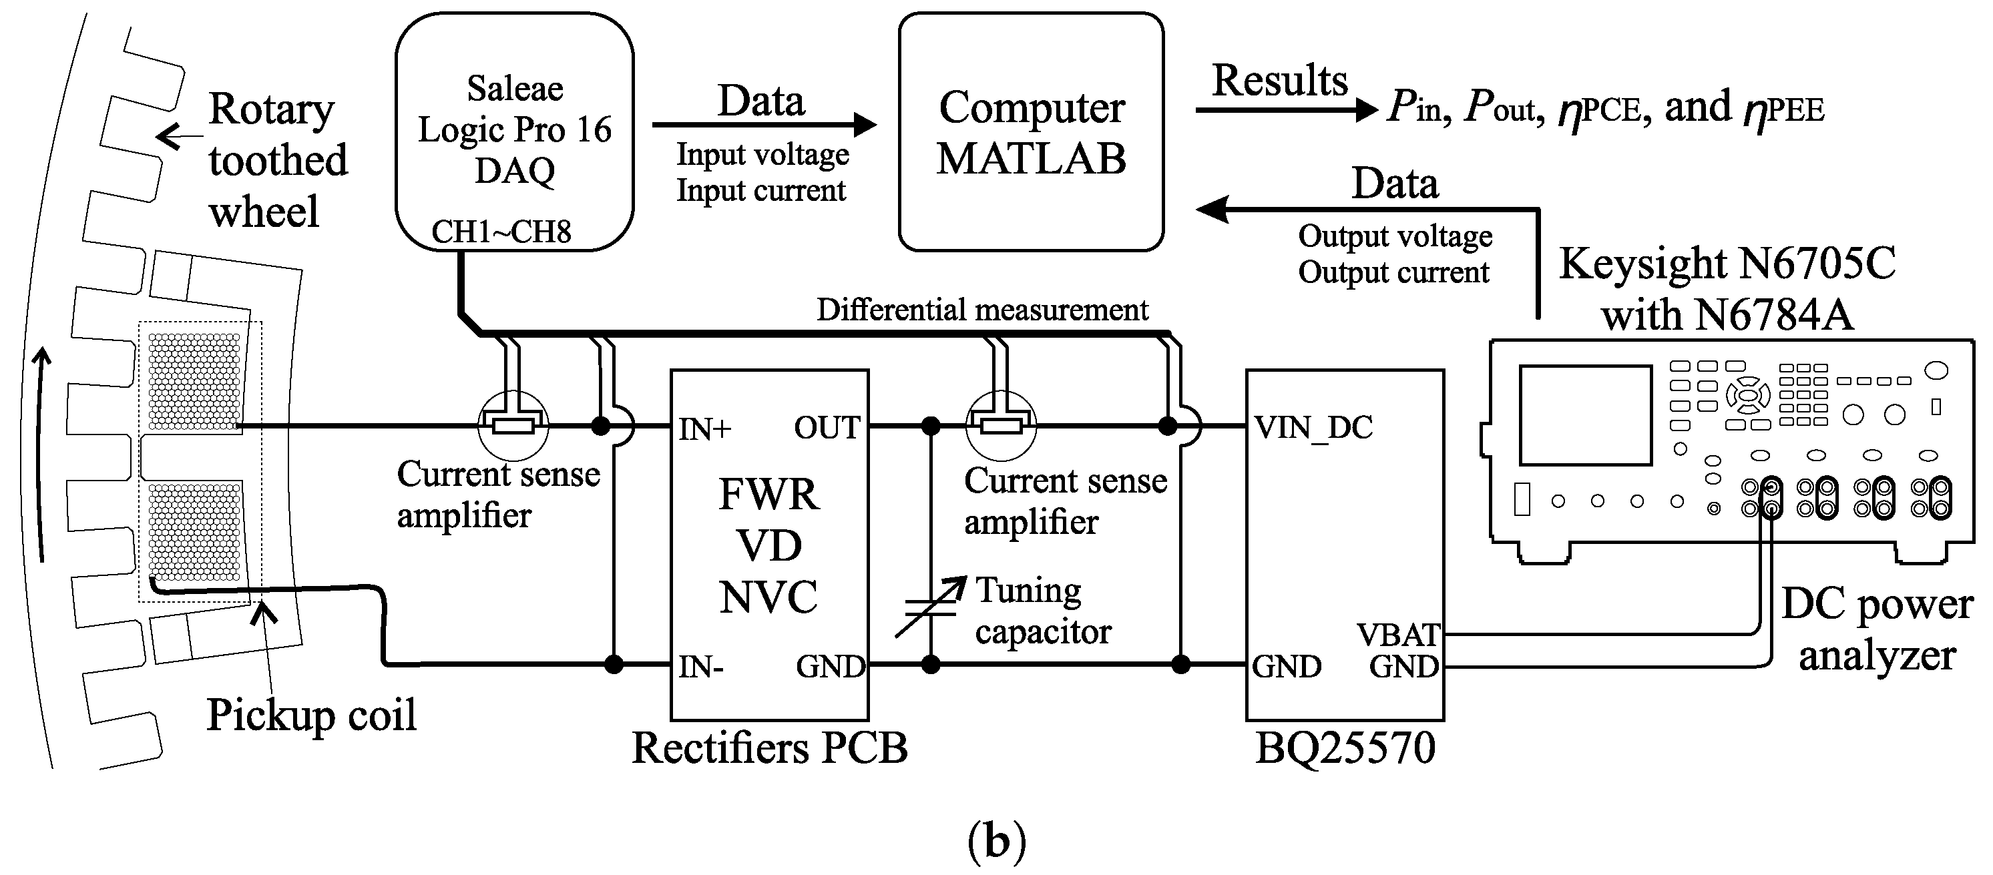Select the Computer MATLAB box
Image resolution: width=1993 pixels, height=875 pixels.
[1030, 131]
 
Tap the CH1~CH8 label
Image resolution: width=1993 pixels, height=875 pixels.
[501, 232]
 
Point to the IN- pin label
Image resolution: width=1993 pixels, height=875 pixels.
[701, 666]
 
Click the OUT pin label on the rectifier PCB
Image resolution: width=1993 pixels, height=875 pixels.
[827, 427]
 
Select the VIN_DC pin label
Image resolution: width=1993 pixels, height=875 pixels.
[1313, 427]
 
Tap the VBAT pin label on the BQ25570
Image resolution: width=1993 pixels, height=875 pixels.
[1397, 635]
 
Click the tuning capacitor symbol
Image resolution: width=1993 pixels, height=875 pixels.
[931, 607]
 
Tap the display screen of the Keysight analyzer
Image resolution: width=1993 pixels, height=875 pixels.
[1585, 414]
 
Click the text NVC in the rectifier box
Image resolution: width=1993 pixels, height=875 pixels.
[768, 597]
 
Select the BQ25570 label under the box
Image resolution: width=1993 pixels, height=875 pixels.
[1345, 748]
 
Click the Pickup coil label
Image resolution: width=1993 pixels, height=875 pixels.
[311, 714]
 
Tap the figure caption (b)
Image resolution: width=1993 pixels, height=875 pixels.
[996, 841]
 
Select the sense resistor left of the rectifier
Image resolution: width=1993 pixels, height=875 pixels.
[513, 426]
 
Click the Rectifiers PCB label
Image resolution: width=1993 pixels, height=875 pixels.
[769, 748]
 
